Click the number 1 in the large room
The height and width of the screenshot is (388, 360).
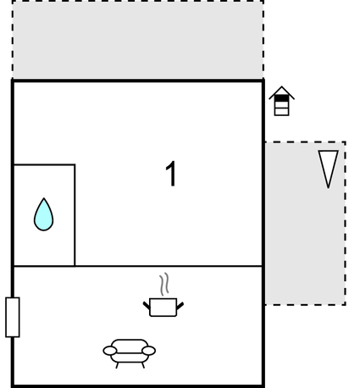tap(171, 174)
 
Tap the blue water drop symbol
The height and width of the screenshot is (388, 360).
tap(43, 214)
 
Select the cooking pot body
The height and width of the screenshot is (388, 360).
tap(163, 308)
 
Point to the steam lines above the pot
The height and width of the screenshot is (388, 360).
tap(164, 284)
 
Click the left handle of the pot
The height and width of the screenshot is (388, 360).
tap(147, 305)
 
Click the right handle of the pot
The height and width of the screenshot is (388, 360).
tap(180, 306)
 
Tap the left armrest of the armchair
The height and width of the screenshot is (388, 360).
tap(110, 351)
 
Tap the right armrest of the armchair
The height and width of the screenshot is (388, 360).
tap(148, 351)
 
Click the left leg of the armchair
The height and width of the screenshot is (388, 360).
tap(117, 365)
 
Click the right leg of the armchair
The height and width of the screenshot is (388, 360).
tap(143, 365)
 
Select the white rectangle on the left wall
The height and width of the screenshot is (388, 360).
tap(13, 317)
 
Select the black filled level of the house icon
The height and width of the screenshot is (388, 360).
tap(281, 98)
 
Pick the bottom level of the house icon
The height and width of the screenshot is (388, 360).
tap(281, 112)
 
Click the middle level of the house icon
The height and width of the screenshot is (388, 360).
tap(281, 105)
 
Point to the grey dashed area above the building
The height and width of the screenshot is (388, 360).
tap(138, 40)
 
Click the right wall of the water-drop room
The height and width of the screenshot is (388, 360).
tap(75, 215)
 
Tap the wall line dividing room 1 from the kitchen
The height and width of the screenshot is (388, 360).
tap(138, 266)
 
